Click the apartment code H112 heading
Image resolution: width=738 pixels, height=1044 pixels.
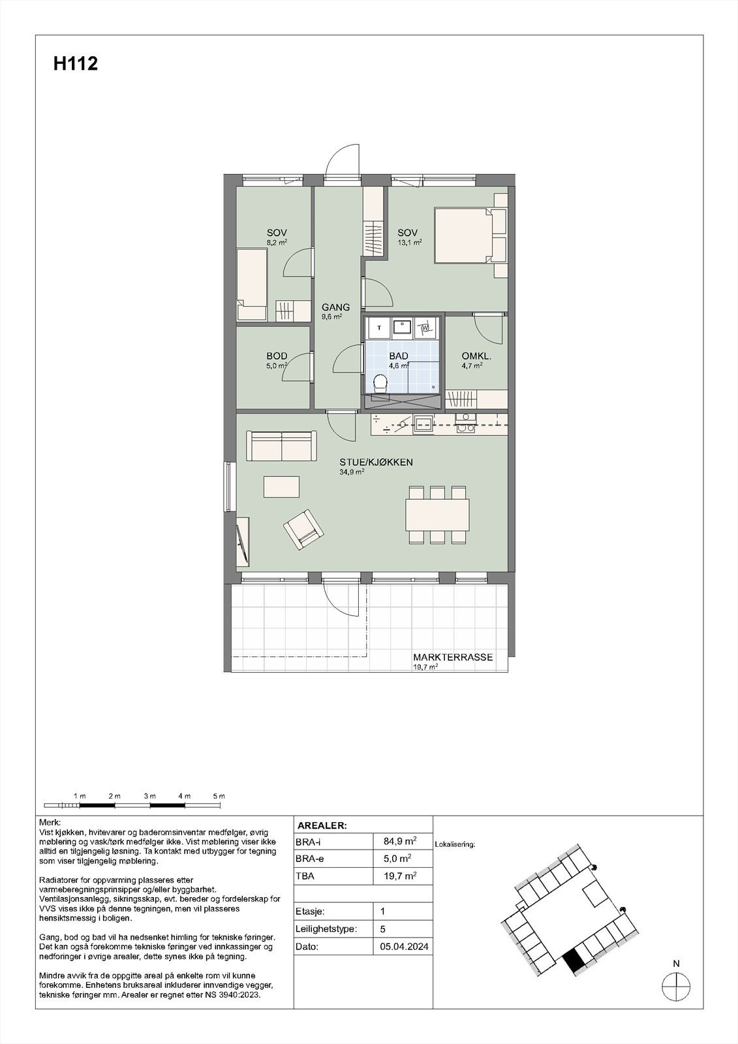click(76, 64)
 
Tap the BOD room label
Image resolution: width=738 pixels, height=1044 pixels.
click(277, 356)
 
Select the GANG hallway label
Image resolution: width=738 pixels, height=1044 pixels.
click(335, 307)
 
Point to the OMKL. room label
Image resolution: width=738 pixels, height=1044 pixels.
click(476, 356)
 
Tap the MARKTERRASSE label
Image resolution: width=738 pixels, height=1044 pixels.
click(453, 658)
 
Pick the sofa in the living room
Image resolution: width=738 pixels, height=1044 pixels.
click(282, 446)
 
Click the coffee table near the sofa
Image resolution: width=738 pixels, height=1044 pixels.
click(281, 487)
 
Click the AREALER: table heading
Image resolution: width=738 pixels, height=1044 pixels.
click(322, 825)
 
